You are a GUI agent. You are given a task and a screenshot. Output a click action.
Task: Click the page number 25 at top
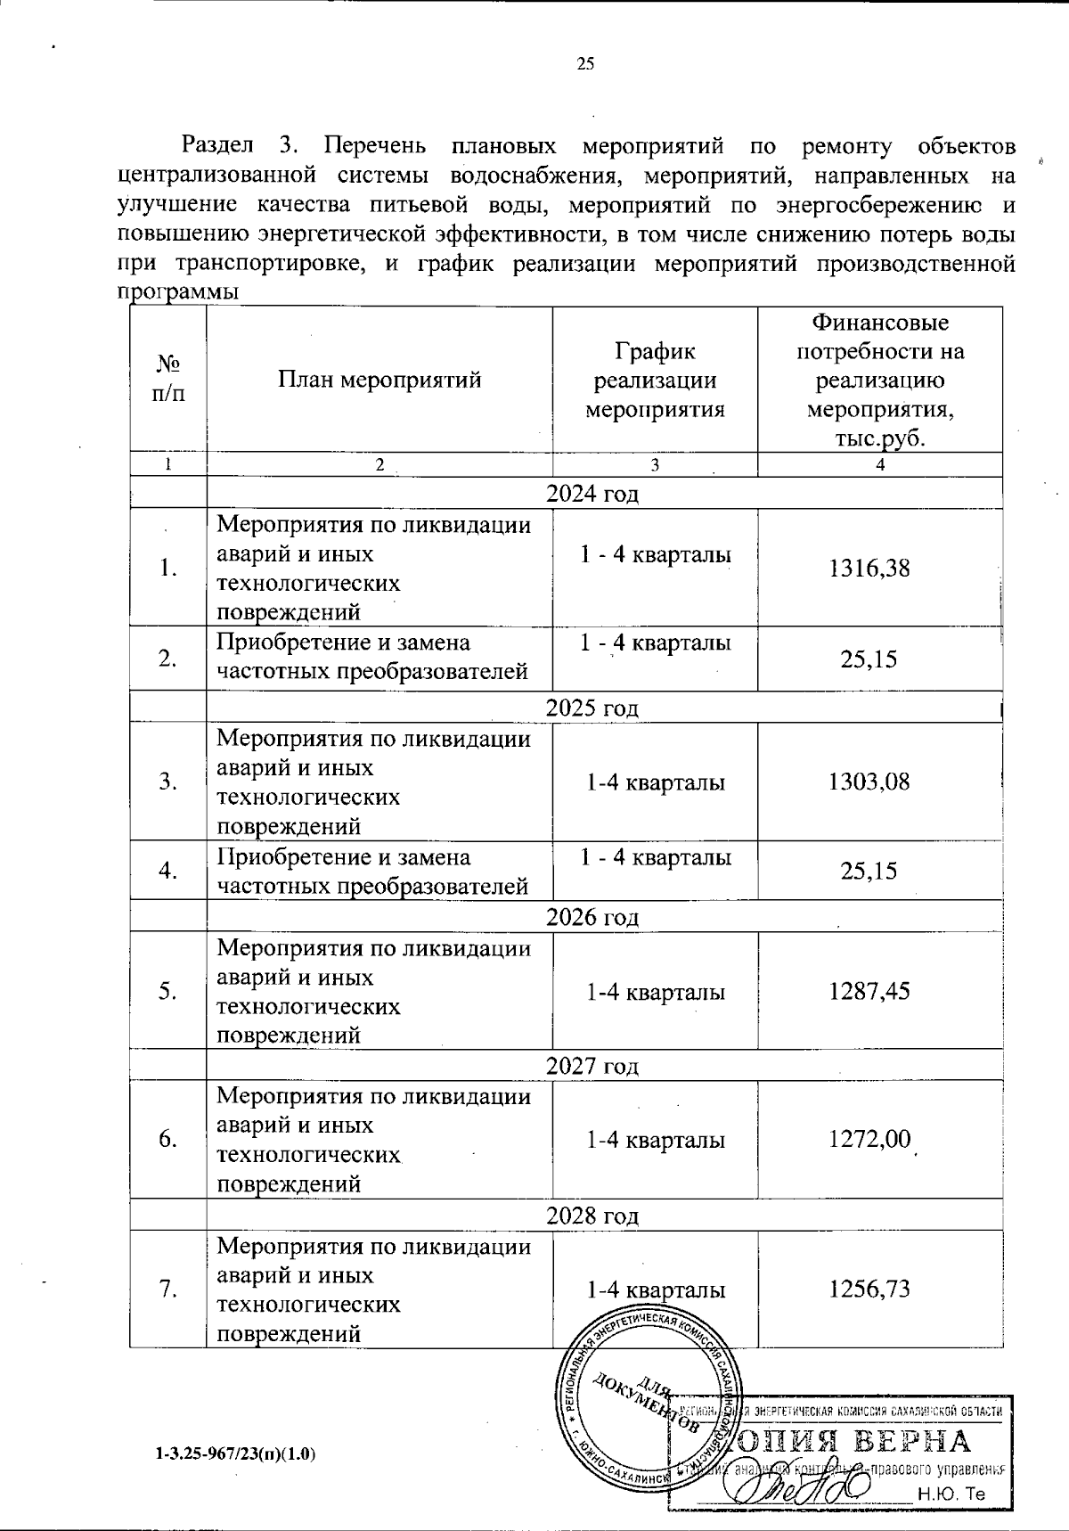click(585, 63)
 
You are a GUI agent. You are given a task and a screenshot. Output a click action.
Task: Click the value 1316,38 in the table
click(869, 568)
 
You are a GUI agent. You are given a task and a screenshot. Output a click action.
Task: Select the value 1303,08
click(869, 782)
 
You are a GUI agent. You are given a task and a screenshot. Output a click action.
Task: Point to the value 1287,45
click(869, 991)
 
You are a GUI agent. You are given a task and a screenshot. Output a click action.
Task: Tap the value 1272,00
click(869, 1139)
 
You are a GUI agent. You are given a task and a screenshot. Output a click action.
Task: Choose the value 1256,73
click(869, 1289)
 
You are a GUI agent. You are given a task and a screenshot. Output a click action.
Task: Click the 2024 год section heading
click(592, 493)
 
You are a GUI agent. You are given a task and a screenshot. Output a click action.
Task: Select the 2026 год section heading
click(592, 916)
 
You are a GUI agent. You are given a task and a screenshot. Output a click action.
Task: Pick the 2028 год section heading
click(592, 1216)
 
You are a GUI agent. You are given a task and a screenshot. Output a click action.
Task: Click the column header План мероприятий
click(379, 380)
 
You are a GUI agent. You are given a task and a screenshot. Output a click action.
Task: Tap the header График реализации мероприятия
click(655, 380)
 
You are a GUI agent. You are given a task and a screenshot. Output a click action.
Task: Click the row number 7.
click(167, 1289)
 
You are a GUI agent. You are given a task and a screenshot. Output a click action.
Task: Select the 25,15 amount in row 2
click(869, 659)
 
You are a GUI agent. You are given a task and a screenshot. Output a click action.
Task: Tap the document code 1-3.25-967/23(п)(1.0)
click(236, 1453)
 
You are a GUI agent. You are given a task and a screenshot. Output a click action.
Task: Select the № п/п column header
click(168, 380)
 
